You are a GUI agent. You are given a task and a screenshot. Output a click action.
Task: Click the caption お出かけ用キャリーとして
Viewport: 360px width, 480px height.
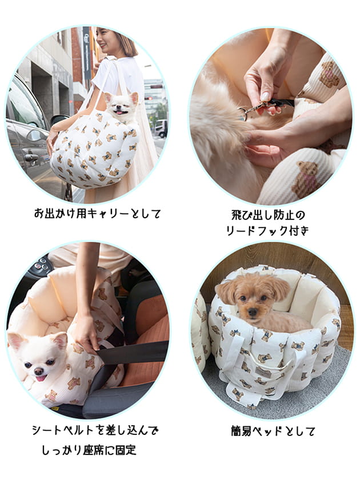(97, 213)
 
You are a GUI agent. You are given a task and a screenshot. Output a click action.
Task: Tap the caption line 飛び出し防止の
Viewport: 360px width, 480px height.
(268, 215)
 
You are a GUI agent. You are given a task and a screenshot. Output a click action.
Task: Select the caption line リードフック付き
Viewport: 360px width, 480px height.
(267, 230)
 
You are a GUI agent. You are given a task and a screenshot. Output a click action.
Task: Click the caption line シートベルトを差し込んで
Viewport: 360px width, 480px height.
(95, 430)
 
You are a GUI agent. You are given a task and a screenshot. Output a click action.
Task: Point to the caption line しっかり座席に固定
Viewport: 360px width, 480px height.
(89, 449)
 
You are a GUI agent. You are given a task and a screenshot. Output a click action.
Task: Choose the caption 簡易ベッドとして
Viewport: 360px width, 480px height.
(273, 431)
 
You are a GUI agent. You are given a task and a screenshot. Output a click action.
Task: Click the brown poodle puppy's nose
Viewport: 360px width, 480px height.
(252, 312)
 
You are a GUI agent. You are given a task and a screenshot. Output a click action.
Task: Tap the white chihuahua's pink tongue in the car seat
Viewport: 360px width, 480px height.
(40, 378)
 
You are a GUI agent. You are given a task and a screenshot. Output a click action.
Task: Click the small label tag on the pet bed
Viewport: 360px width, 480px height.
(263, 373)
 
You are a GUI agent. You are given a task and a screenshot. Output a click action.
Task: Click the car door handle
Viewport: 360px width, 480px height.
(31, 157)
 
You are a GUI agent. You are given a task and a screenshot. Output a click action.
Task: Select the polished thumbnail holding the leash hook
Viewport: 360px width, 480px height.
(265, 97)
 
